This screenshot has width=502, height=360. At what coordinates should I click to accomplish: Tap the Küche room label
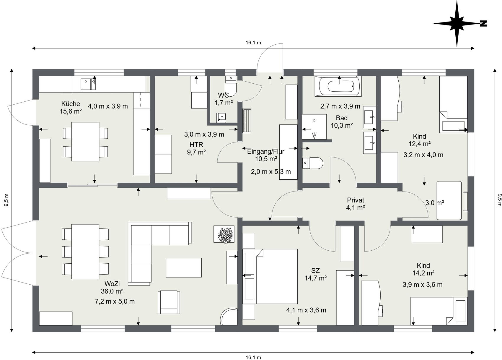pyautogui.click(x=71, y=104)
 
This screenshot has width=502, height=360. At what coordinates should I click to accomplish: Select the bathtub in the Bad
pyautogui.click(x=338, y=86)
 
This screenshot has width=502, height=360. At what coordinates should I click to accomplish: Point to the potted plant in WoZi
pyautogui.click(x=224, y=234)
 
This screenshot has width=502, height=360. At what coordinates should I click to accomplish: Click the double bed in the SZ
pyautogui.click(x=270, y=276)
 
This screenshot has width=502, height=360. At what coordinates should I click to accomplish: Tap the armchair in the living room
pyautogui.click(x=169, y=302)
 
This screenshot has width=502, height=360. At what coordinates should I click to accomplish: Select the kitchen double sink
pyautogui.click(x=89, y=84)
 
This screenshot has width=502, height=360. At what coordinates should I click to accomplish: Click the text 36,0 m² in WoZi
pyautogui.click(x=112, y=291)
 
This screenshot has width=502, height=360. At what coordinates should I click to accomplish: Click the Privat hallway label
pyautogui.click(x=356, y=200)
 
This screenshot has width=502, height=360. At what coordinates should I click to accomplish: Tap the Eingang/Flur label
pyautogui.click(x=266, y=152)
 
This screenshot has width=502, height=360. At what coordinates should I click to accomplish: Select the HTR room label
pyautogui.click(x=196, y=145)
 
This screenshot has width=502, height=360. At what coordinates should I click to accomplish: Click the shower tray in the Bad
pyautogui.click(x=314, y=127)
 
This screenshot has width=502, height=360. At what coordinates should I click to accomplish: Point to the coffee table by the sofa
pyautogui.click(x=184, y=267)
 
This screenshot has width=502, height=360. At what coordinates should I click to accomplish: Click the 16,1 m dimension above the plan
pyautogui.click(x=253, y=43)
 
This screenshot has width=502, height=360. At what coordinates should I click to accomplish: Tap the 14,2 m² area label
pyautogui.click(x=423, y=273)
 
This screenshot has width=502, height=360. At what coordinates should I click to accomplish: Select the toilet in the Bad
pyautogui.click(x=313, y=163)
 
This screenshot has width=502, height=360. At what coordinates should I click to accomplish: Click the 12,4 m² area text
pyautogui.click(x=420, y=144)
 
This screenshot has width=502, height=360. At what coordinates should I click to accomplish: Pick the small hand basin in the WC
pyautogui.click(x=221, y=118)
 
